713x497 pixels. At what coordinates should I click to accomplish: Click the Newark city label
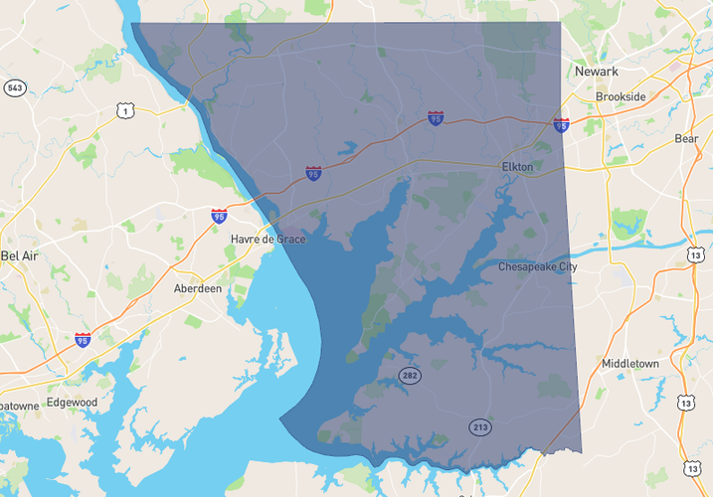596,72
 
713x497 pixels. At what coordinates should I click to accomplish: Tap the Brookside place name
620,96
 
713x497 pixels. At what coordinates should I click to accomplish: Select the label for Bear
686,139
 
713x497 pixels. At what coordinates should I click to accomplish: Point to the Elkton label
517,168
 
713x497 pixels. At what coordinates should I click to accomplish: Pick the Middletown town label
629,364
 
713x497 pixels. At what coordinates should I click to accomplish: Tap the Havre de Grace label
268,240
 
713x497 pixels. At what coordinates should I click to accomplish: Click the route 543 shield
14,88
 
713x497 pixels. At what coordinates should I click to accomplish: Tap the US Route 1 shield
125,110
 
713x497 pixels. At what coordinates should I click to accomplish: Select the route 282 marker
410,375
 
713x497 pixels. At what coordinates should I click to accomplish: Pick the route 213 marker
480,427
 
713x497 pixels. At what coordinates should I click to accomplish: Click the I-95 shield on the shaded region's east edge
562,125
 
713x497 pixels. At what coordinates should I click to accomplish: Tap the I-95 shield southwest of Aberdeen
83,340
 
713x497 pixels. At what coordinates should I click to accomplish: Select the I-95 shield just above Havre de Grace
219,216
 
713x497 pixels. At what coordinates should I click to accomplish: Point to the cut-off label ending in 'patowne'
19,406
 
